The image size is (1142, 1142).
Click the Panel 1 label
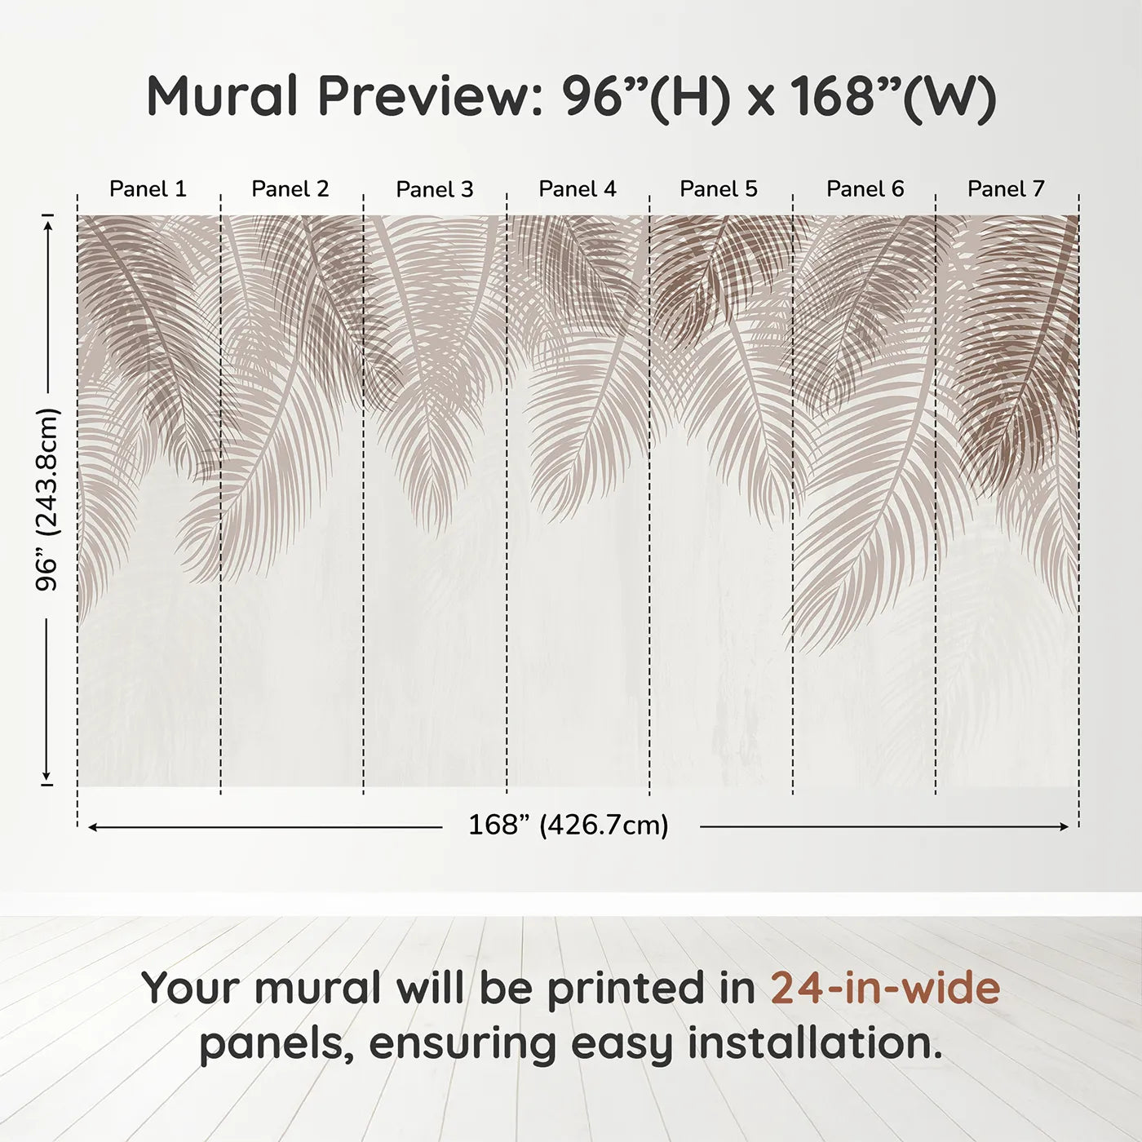(x=148, y=189)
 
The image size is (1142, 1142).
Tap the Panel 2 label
(x=290, y=189)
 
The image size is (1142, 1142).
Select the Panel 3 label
(x=434, y=189)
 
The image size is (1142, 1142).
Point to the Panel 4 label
(x=578, y=189)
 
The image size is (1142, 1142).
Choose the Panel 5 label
(x=719, y=189)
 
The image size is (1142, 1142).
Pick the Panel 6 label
(x=865, y=189)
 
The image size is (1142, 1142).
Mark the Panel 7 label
(x=1006, y=189)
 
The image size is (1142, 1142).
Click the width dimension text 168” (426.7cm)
(x=569, y=826)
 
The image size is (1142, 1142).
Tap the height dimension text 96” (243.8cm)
(x=48, y=499)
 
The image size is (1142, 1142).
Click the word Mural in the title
(x=223, y=95)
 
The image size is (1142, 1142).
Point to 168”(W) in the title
(x=892, y=95)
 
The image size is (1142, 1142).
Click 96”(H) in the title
(x=644, y=95)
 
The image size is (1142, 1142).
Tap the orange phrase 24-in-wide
(x=885, y=988)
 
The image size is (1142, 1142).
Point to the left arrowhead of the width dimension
(x=93, y=827)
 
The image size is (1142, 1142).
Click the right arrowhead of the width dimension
(x=1064, y=827)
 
